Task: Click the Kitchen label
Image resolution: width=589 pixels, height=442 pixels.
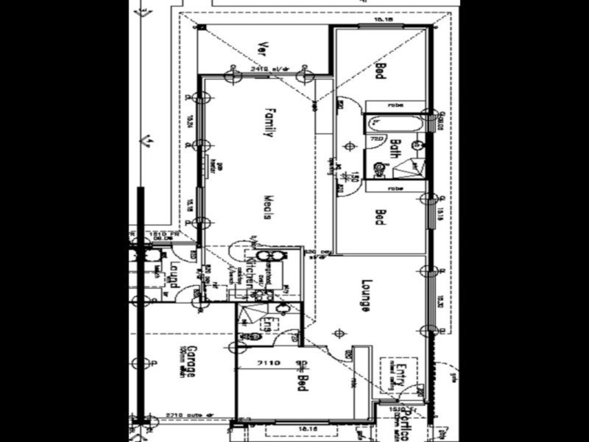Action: (x=250, y=272)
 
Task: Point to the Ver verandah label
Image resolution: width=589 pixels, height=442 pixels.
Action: (x=261, y=49)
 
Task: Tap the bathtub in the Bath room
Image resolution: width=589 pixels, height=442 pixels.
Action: (x=394, y=124)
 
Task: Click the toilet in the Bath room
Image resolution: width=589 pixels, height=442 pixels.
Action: (x=379, y=169)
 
